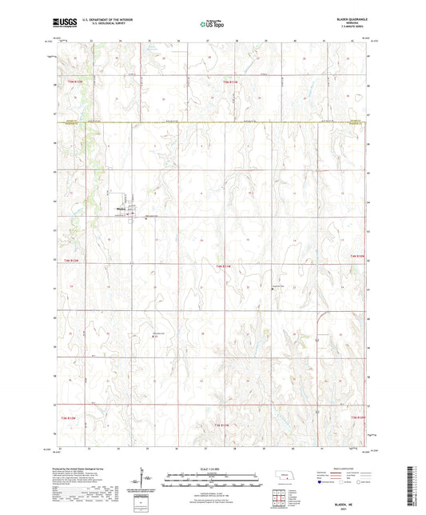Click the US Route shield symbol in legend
pyautogui.click(x=344, y=482)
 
